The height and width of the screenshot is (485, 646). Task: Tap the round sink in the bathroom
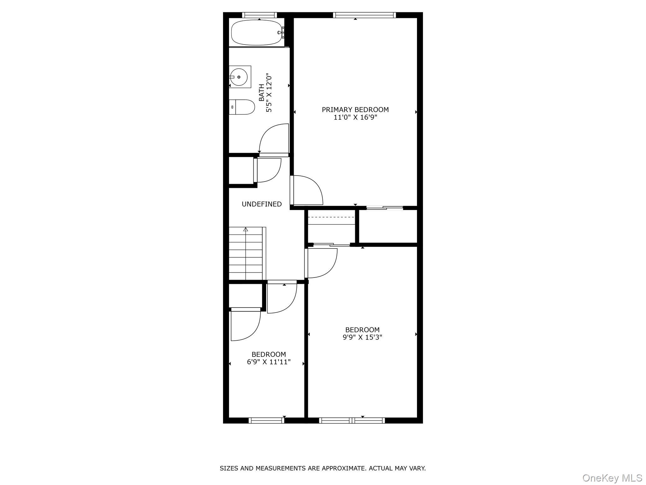point(239,77)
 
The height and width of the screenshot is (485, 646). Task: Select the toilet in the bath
point(242,107)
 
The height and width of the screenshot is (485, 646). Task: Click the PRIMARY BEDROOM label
point(355,110)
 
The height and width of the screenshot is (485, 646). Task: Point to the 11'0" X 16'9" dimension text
point(355,117)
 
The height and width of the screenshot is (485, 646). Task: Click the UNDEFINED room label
point(261,204)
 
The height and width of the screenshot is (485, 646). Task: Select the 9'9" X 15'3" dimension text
point(362,337)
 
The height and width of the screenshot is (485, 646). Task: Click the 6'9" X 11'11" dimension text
point(268,362)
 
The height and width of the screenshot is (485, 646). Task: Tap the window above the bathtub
point(259,15)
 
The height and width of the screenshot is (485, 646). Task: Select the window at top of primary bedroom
point(364,15)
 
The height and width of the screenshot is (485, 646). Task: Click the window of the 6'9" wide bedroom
point(267,420)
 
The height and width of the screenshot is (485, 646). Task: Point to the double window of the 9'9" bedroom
point(352,420)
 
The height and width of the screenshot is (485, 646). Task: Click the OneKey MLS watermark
point(612,478)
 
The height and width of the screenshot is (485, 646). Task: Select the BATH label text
point(261,93)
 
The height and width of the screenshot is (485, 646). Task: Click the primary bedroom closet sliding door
point(385,207)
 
